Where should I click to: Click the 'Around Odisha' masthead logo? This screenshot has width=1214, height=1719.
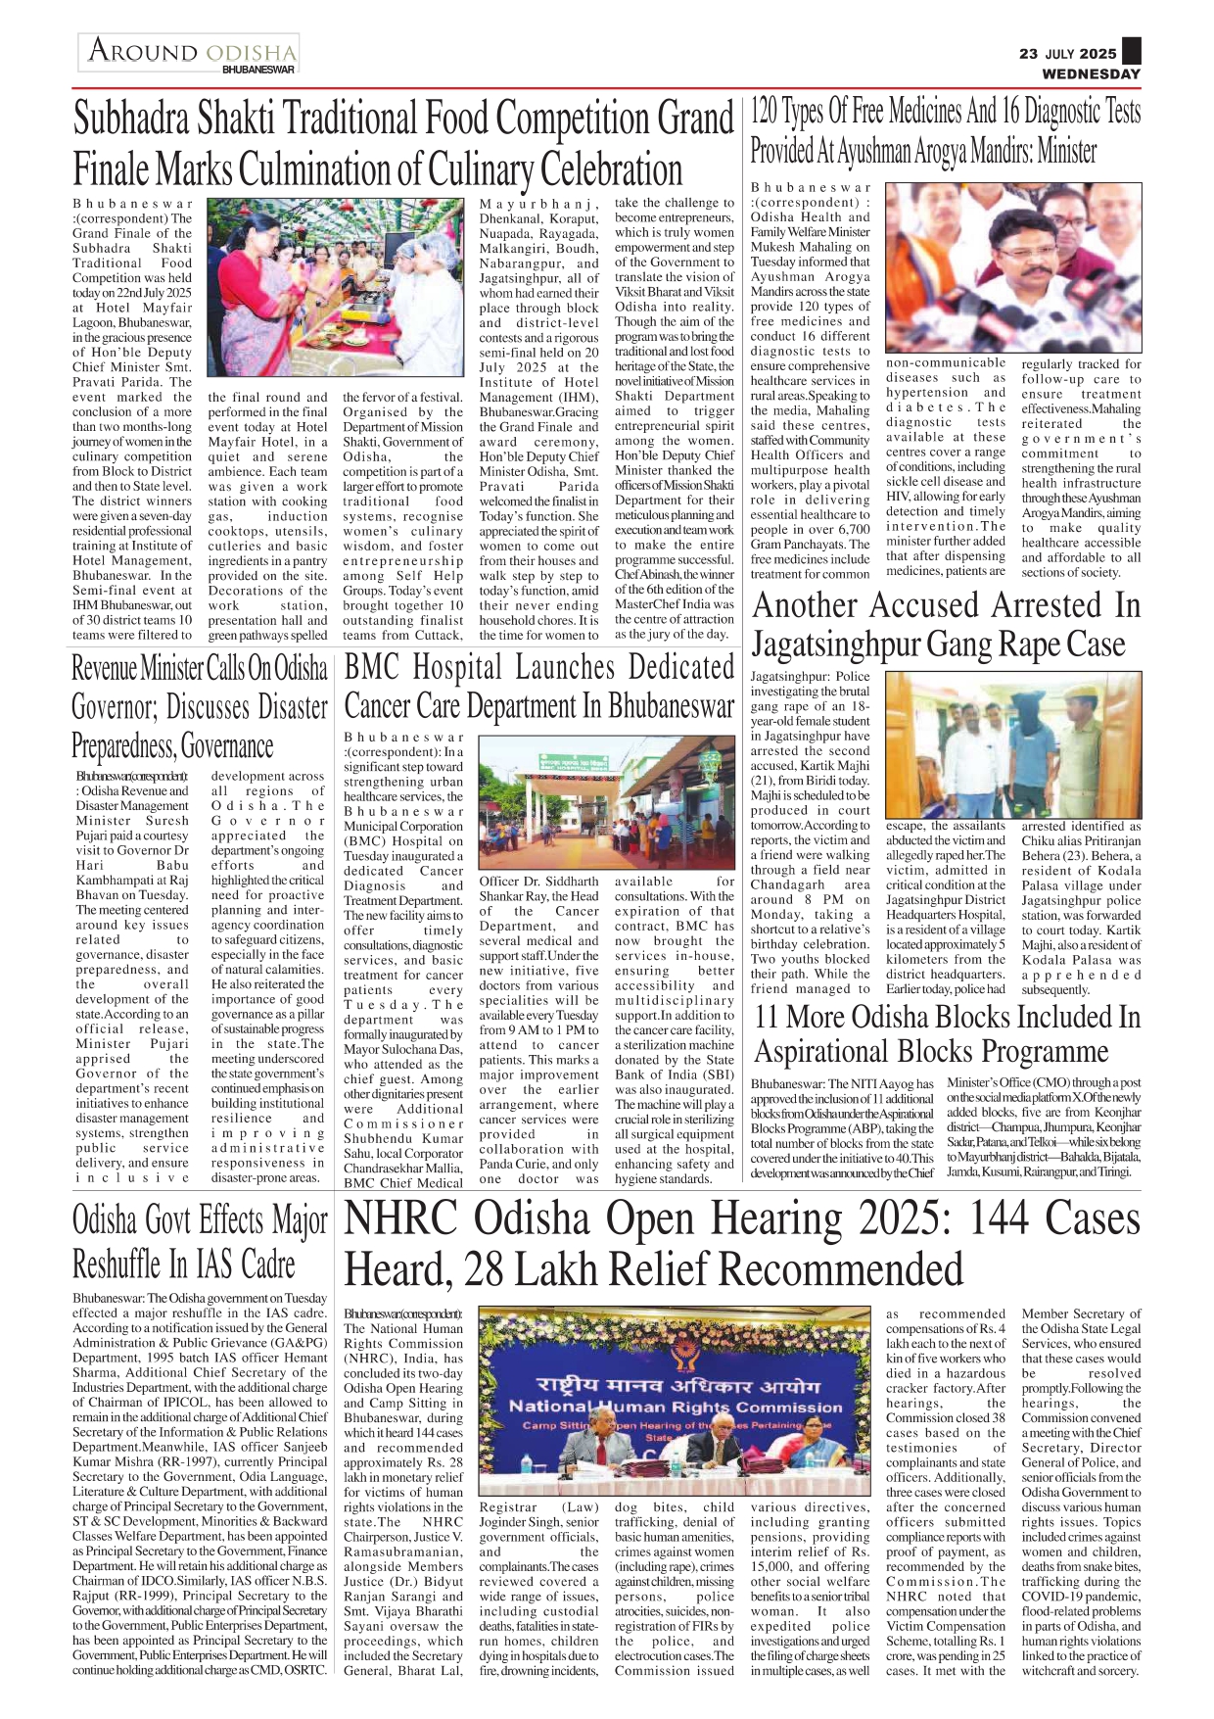pyautogui.click(x=192, y=50)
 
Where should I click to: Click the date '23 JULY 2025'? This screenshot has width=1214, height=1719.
pyautogui.click(x=1067, y=54)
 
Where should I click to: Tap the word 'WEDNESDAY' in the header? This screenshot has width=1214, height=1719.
pyautogui.click(x=1091, y=73)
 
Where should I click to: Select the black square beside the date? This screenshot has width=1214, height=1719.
pyautogui.click(x=1132, y=51)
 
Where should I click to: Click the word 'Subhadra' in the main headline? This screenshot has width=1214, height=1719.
pyautogui.click(x=131, y=119)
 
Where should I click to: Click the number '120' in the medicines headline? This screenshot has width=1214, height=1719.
pyautogui.click(x=764, y=113)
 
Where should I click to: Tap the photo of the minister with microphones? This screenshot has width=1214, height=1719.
pyautogui.click(x=1013, y=266)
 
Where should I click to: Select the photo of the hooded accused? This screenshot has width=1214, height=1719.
pyautogui.click(x=1013, y=744)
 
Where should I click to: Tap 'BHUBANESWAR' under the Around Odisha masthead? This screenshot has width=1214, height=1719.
pyautogui.click(x=257, y=71)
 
